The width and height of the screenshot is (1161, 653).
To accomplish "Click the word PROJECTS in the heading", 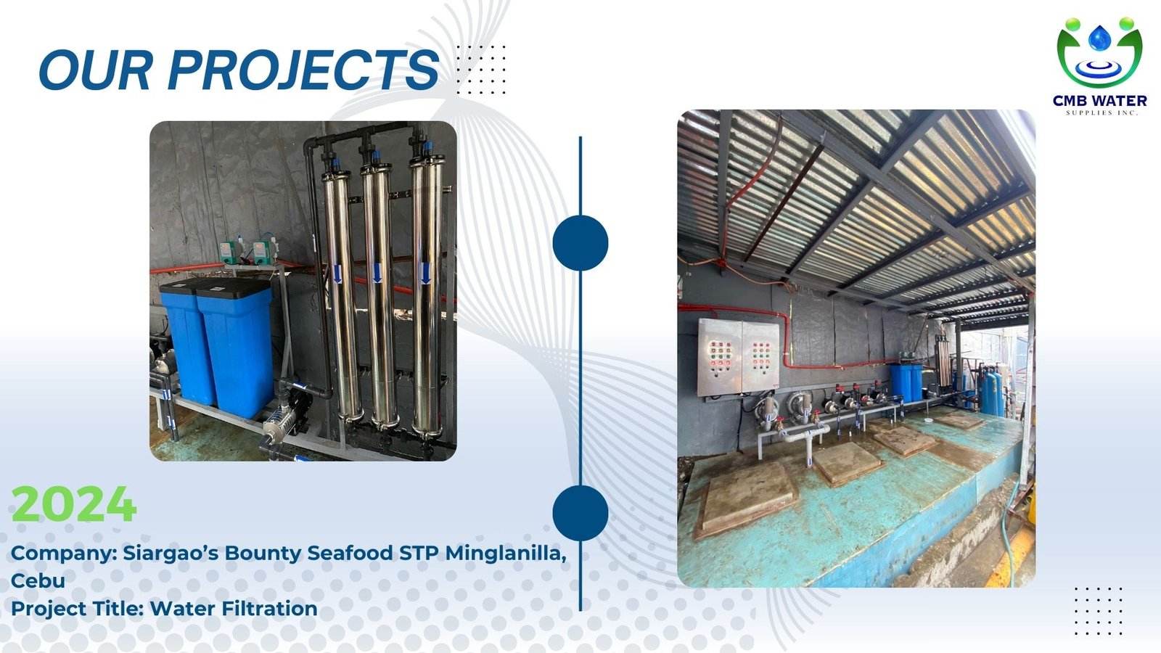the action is click(x=304, y=70).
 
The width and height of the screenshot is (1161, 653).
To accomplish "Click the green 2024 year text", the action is click(x=74, y=504).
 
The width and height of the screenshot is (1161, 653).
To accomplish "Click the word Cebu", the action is click(x=38, y=580).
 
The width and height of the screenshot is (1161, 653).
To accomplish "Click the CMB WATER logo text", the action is click(x=1099, y=101).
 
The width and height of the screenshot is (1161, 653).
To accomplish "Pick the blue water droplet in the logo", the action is click(x=1099, y=38).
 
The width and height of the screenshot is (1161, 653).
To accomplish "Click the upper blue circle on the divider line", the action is click(x=580, y=243).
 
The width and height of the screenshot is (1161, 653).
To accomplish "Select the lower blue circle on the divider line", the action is click(x=580, y=513).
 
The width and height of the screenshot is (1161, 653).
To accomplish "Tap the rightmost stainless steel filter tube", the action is click(x=427, y=295).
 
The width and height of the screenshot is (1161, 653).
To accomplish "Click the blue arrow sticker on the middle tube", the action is click(x=377, y=273).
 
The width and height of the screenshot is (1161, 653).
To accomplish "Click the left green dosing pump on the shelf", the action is click(x=231, y=252).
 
